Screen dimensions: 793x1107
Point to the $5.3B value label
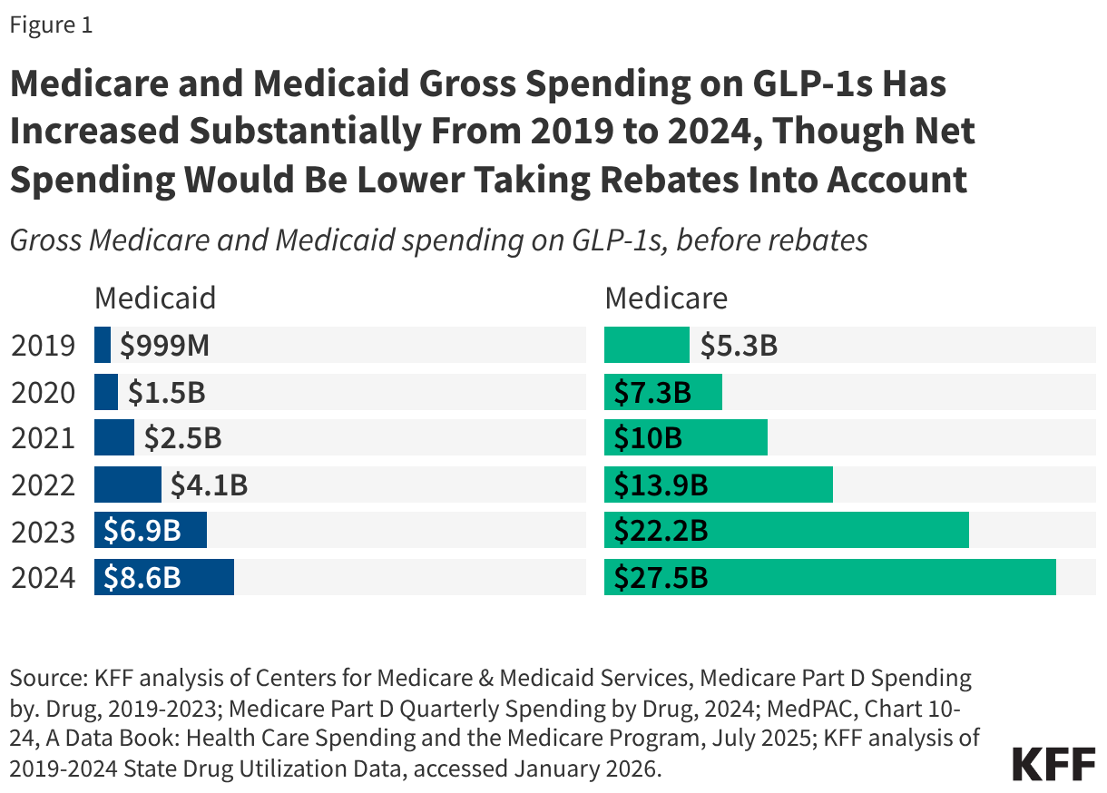[x=738, y=346]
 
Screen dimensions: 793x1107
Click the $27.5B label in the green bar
[x=660, y=578]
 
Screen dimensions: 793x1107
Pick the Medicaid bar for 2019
[x=103, y=346]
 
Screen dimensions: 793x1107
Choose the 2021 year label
[x=43, y=439]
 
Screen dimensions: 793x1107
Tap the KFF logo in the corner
[x=1053, y=765]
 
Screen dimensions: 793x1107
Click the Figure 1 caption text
[x=51, y=25]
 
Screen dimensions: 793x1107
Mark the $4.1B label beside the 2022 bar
[x=209, y=485]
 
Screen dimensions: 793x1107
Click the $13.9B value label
[x=660, y=485]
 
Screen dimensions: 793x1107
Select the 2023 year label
[x=43, y=532]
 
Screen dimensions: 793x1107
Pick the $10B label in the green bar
[x=647, y=439]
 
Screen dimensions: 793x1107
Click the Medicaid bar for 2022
[x=127, y=485]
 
